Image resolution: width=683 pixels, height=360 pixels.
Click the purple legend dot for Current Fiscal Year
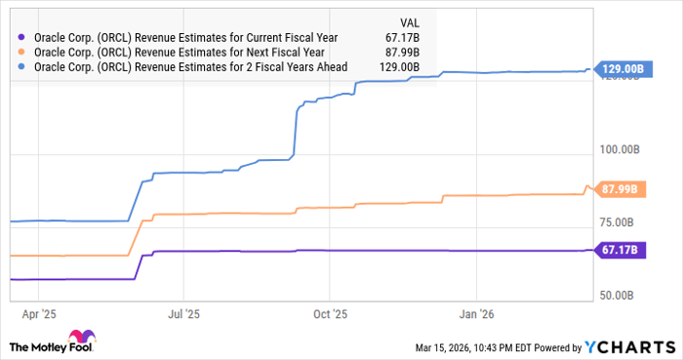[x=22, y=37]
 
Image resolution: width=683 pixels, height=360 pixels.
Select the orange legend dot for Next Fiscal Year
[x=22, y=52]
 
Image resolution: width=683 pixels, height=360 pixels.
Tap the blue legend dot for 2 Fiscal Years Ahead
[x=22, y=67]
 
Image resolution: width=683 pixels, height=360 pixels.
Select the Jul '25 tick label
[x=183, y=315]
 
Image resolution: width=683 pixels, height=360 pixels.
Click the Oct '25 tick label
[x=330, y=315]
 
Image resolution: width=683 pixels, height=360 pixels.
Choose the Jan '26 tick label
[x=476, y=315]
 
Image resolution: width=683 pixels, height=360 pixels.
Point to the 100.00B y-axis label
[x=619, y=149]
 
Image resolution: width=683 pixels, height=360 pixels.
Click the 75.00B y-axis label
[x=622, y=221]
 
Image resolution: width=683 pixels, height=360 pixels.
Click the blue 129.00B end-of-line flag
[x=621, y=69]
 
